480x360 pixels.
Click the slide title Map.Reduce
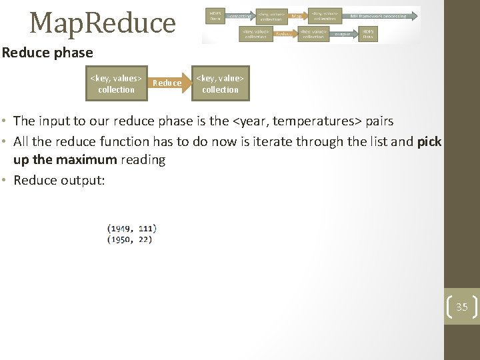pyautogui.click(x=103, y=23)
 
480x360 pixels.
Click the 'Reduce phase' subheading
pyautogui.click(x=47, y=53)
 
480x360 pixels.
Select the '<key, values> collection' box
pyautogui.click(x=116, y=84)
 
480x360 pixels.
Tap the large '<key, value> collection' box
pyautogui.click(x=220, y=84)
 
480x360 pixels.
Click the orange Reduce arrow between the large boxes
pyautogui.click(x=168, y=83)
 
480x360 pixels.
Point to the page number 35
pyautogui.click(x=462, y=307)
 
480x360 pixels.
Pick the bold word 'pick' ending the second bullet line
pyautogui.click(x=429, y=141)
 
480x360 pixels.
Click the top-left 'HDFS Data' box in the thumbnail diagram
pyautogui.click(x=215, y=15)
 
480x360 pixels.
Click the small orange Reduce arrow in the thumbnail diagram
pyautogui.click(x=283, y=33)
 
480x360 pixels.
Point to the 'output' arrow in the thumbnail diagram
pyautogui.click(x=343, y=33)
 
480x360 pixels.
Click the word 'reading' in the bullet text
pyautogui.click(x=141, y=160)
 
